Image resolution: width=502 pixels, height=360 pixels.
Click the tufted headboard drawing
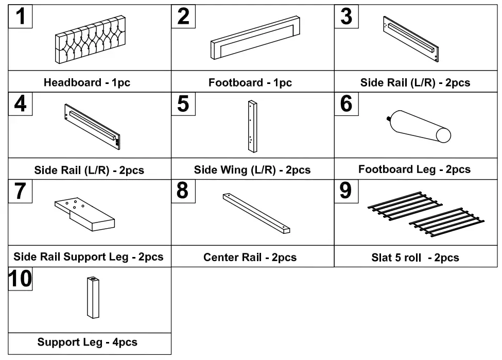pos(90,40)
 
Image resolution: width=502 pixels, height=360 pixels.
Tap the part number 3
pos(347,16)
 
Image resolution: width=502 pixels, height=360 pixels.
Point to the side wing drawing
pos(251,126)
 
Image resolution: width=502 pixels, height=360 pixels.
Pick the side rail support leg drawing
pos(85,214)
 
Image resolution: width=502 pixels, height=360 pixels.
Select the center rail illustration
pos(256,214)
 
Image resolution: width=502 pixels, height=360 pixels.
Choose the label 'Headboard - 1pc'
pos(87,82)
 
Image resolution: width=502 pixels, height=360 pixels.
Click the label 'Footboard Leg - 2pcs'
pos(414,169)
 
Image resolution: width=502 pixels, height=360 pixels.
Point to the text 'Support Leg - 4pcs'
pos(87,342)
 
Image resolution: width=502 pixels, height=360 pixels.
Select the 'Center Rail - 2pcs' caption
pos(250,257)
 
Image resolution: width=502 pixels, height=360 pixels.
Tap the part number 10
pos(21,279)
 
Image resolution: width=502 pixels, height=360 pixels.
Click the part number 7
pos(20,191)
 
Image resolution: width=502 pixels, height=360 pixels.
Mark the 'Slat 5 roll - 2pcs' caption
pos(415,258)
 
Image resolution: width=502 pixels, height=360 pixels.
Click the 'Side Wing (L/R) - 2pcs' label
pos(252,170)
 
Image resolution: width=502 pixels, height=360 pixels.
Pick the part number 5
pos(183,104)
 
